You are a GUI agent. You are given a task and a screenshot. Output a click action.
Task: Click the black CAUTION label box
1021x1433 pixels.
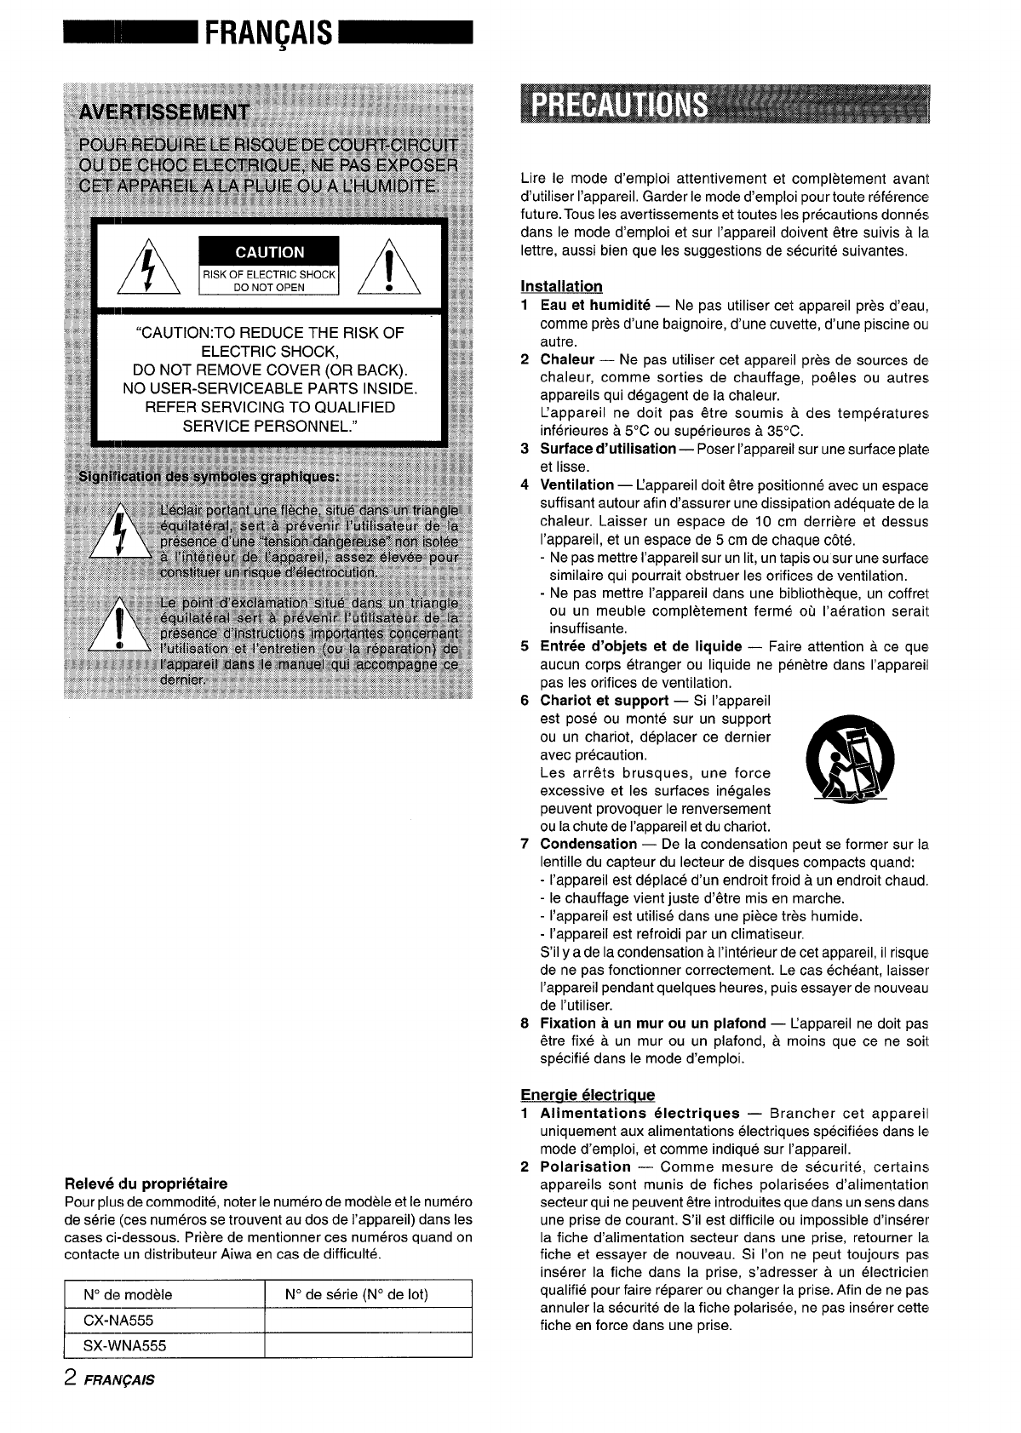point(269,252)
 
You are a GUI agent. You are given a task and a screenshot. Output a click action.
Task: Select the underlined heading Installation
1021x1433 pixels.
point(561,286)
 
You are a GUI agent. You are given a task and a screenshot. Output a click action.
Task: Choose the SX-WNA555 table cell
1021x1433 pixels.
point(124,1345)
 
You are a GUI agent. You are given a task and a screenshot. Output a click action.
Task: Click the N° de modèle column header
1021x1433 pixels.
point(128,1294)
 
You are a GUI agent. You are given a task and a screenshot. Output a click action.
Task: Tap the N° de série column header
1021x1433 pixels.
point(356,1294)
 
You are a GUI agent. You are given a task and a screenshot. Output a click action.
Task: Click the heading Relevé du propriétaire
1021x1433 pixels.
point(146,1184)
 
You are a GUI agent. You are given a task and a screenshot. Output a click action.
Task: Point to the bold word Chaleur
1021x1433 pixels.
point(567,360)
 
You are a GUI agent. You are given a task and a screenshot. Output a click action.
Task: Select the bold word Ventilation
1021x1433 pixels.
point(577,485)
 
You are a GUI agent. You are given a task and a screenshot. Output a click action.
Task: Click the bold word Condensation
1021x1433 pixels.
point(588,844)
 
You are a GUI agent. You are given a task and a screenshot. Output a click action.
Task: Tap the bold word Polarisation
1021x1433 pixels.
point(586,1166)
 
